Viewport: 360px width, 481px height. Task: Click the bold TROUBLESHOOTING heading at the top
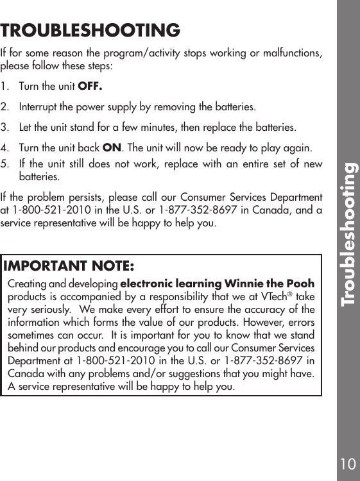90,30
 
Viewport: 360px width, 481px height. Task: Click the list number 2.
6,106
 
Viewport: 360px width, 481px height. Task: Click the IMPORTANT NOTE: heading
69,266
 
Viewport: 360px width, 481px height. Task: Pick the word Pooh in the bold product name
301,284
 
